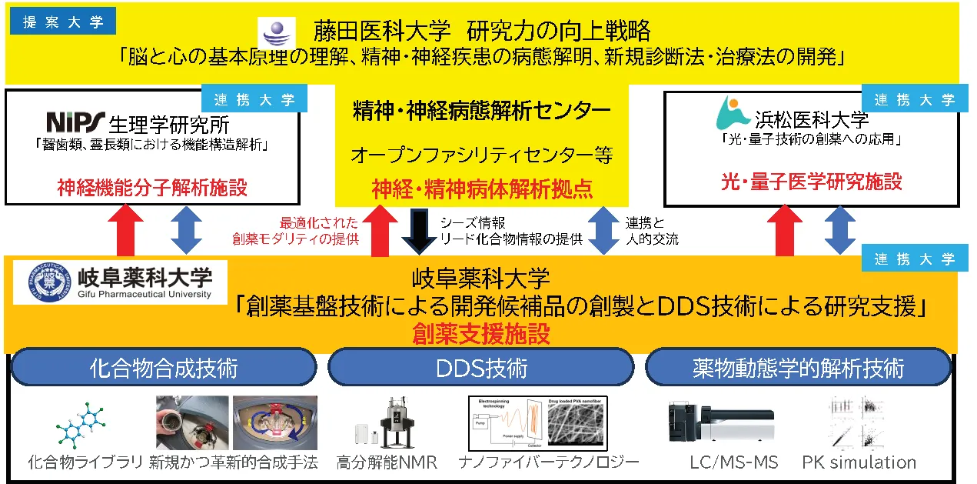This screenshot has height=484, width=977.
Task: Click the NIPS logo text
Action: [75, 122]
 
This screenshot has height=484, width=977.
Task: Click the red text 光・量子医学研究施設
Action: [812, 182]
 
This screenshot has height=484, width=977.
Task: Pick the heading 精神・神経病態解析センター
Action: [482, 111]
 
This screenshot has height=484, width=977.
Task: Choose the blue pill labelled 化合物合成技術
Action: [164, 368]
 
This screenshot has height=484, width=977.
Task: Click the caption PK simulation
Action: [859, 462]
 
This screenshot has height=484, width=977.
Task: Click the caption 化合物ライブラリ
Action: [85, 462]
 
